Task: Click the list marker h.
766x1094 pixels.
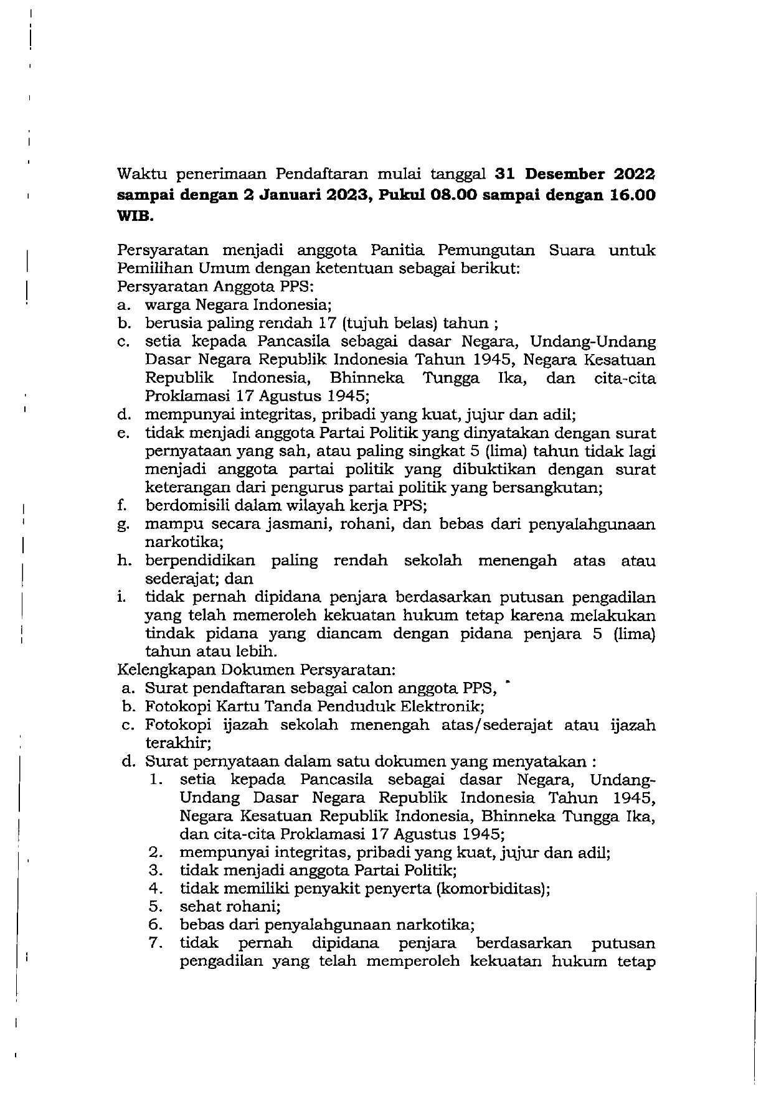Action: [123, 561]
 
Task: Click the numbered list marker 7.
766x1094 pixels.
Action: [156, 943]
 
